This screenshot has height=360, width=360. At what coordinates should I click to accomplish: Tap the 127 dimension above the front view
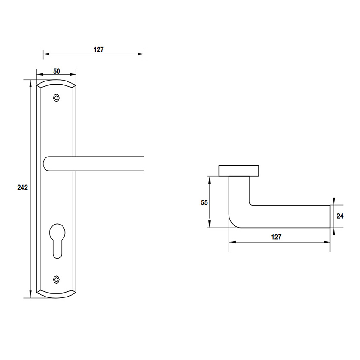pos(99,50)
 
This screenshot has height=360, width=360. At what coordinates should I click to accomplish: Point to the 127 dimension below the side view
pos(276,237)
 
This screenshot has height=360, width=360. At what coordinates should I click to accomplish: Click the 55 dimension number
pos(204,202)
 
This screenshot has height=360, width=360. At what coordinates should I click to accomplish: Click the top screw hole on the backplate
pos(56,98)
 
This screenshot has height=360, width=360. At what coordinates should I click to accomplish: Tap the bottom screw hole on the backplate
pos(56,279)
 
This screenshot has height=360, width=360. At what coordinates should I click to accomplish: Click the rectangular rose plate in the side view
pos(238,171)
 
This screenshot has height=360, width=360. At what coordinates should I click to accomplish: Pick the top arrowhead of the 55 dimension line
pos(209,179)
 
